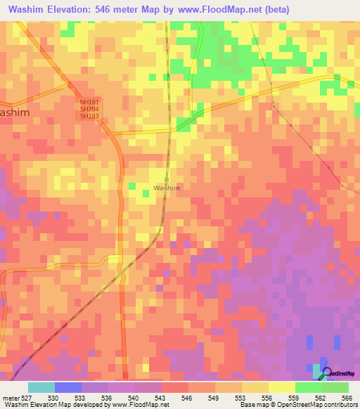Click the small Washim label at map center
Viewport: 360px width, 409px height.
click(167, 188)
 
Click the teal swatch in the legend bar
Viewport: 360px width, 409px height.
click(41, 387)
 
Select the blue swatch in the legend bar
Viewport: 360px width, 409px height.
click(68, 387)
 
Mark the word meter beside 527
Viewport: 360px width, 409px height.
click(11, 398)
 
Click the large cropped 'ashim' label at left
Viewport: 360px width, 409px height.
click(15, 112)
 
